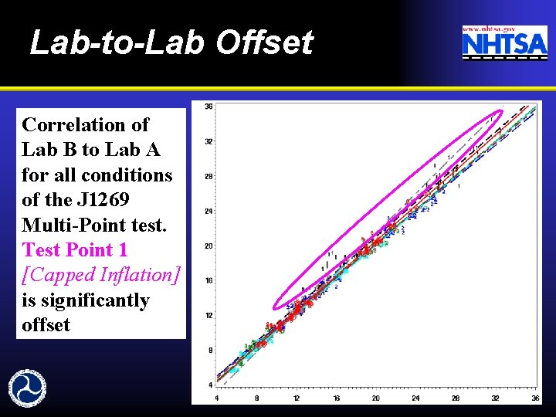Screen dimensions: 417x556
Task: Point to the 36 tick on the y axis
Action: click(x=208, y=107)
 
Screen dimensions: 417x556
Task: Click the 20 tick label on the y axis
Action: click(x=208, y=246)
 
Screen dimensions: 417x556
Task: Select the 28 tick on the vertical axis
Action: click(x=208, y=176)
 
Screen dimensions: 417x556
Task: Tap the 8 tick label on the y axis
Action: click(x=210, y=350)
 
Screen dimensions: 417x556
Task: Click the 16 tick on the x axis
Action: click(x=336, y=398)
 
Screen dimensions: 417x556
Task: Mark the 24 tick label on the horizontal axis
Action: click(x=415, y=398)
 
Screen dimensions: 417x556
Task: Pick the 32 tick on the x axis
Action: click(x=495, y=398)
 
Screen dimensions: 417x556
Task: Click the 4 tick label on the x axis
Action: click(x=217, y=398)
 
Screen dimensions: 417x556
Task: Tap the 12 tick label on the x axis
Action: click(x=296, y=398)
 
